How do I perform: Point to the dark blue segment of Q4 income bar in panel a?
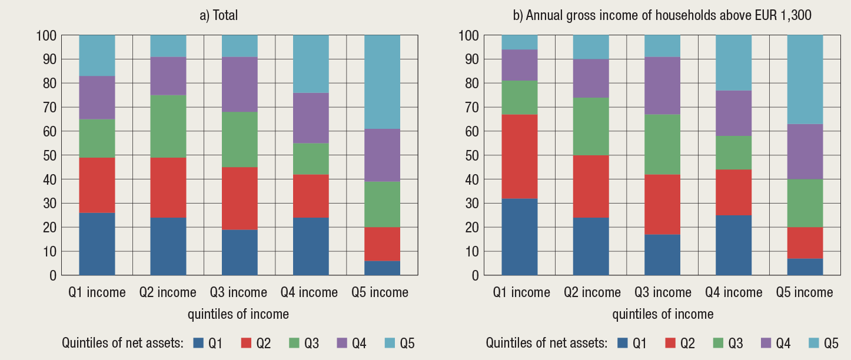pyautogui.click(x=311, y=246)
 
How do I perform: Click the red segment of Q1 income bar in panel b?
pyautogui.click(x=520, y=156)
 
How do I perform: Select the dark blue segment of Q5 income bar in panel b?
pyautogui.click(x=805, y=266)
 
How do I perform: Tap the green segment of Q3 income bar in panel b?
pyautogui.click(x=662, y=144)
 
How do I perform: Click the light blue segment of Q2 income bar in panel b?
pyautogui.click(x=591, y=47)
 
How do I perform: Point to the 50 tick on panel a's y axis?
pyautogui.click(x=51, y=155)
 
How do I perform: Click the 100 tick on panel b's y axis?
pyautogui.click(x=470, y=35)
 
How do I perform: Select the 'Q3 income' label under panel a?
pyautogui.click(x=239, y=292)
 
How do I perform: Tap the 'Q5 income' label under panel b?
pyautogui.click(x=805, y=292)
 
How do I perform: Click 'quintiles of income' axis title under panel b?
pyautogui.click(x=663, y=314)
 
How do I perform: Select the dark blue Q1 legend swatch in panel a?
pyautogui.click(x=199, y=343)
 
